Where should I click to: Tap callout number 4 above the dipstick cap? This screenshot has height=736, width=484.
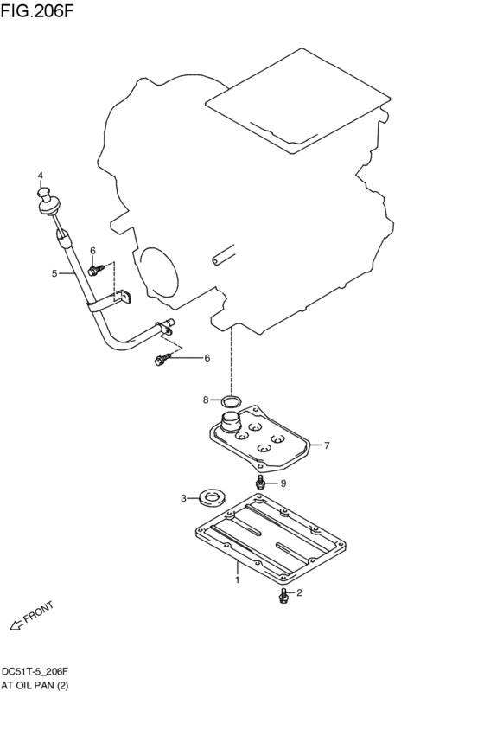[x=40, y=176]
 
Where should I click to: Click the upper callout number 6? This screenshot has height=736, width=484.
[x=92, y=251]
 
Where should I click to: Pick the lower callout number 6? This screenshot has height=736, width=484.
[x=207, y=357]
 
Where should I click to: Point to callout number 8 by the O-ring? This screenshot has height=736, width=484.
[x=206, y=400]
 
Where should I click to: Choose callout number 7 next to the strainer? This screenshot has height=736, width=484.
[x=327, y=446]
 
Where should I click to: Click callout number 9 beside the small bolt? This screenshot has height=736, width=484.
[x=282, y=483]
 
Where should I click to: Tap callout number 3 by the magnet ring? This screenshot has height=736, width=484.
[x=183, y=497]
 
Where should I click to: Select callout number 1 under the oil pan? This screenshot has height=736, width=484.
[x=238, y=581]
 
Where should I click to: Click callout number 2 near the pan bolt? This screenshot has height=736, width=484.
[x=300, y=593]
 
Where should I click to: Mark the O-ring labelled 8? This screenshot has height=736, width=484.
[x=229, y=401]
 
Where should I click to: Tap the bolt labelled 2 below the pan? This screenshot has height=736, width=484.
[x=284, y=596]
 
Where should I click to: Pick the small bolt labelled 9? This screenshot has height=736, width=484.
[x=259, y=482]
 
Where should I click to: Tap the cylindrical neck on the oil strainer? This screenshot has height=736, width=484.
[x=231, y=424]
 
